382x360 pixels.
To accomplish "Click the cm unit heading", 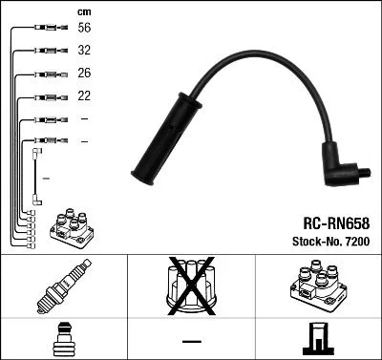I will point(83,11).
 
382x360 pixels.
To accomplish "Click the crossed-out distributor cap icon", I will point(191,288).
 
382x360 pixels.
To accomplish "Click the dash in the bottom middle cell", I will point(191,340).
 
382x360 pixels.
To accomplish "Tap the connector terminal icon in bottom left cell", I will point(63,340).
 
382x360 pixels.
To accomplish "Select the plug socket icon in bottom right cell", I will point(318,340).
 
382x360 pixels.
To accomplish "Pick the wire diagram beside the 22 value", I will point(45,96).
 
